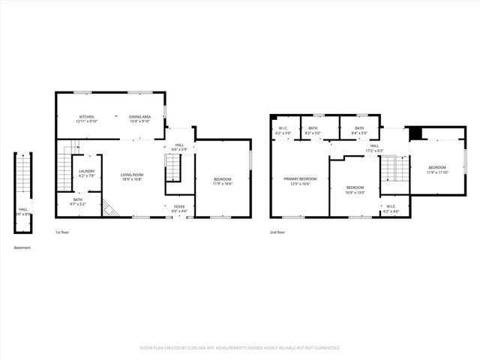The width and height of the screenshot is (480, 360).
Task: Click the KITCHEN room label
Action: pyautogui.click(x=86, y=117)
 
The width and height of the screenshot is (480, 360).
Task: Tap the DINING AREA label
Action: pyautogui.click(x=140, y=117)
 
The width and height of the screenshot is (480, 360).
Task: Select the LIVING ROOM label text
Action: pyautogui.click(x=132, y=175)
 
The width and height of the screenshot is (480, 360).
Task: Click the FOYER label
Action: pyautogui.click(x=179, y=206)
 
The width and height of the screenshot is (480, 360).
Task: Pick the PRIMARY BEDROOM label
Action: pyautogui.click(x=300, y=179)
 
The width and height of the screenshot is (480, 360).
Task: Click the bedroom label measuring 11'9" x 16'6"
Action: pyautogui.click(x=222, y=179)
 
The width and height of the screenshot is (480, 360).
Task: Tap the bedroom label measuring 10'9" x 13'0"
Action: pyautogui.click(x=355, y=187)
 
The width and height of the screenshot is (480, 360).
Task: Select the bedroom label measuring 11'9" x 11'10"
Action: pyautogui.click(x=437, y=167)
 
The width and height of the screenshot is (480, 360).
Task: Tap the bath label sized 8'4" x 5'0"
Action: pyautogui.click(x=359, y=128)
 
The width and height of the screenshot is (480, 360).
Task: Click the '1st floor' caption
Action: pyautogui.click(x=64, y=232)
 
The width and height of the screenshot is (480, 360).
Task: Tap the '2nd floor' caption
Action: pyautogui.click(x=277, y=232)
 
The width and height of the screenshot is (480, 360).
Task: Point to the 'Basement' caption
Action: pyautogui.click(x=22, y=247)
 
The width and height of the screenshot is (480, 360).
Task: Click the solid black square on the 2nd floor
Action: pyautogui.click(x=415, y=133)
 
